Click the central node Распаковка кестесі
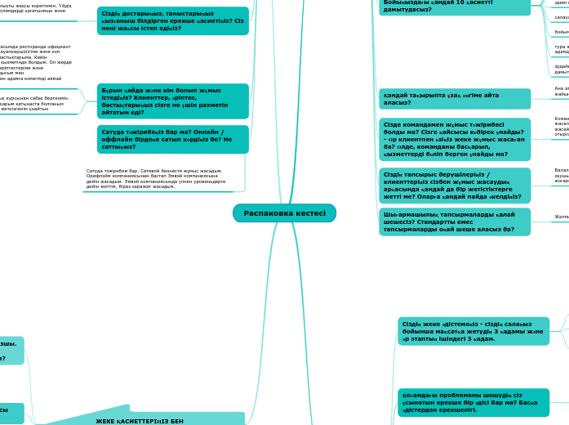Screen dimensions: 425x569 (284, 213)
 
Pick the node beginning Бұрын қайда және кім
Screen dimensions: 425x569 (172, 101)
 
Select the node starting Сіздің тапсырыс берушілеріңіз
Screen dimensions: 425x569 (454, 186)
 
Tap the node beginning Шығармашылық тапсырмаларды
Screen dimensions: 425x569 (454, 221)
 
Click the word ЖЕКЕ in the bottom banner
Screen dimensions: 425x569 (106, 420)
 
